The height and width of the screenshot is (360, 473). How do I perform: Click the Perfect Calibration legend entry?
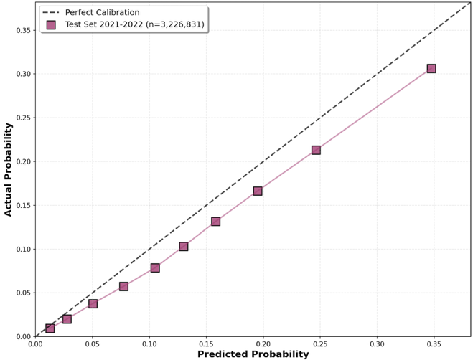112,12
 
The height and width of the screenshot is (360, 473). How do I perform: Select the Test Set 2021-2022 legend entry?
134,24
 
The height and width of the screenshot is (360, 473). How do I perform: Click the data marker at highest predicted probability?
431,69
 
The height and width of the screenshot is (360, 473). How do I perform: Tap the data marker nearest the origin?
50,328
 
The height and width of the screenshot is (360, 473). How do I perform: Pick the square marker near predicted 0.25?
316,150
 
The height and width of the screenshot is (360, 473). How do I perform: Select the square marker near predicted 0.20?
258,191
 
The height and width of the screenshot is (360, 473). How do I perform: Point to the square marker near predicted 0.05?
93,303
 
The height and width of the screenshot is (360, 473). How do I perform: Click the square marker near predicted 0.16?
215,222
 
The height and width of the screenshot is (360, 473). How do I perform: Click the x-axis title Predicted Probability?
253,354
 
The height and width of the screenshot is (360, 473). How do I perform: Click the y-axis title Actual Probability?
9,169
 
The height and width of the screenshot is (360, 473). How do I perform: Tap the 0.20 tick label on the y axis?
22,161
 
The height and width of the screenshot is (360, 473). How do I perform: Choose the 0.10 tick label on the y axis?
22,249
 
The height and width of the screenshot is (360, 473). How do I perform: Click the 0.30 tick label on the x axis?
377,344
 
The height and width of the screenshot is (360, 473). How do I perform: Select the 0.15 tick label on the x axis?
206,344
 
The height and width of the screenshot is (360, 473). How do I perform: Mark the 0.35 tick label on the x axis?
434,344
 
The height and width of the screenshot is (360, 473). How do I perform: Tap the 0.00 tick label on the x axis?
35,344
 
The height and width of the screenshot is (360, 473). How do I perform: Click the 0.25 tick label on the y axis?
22,118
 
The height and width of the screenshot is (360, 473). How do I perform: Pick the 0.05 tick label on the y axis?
22,293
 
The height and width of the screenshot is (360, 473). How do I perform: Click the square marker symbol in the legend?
51,24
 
